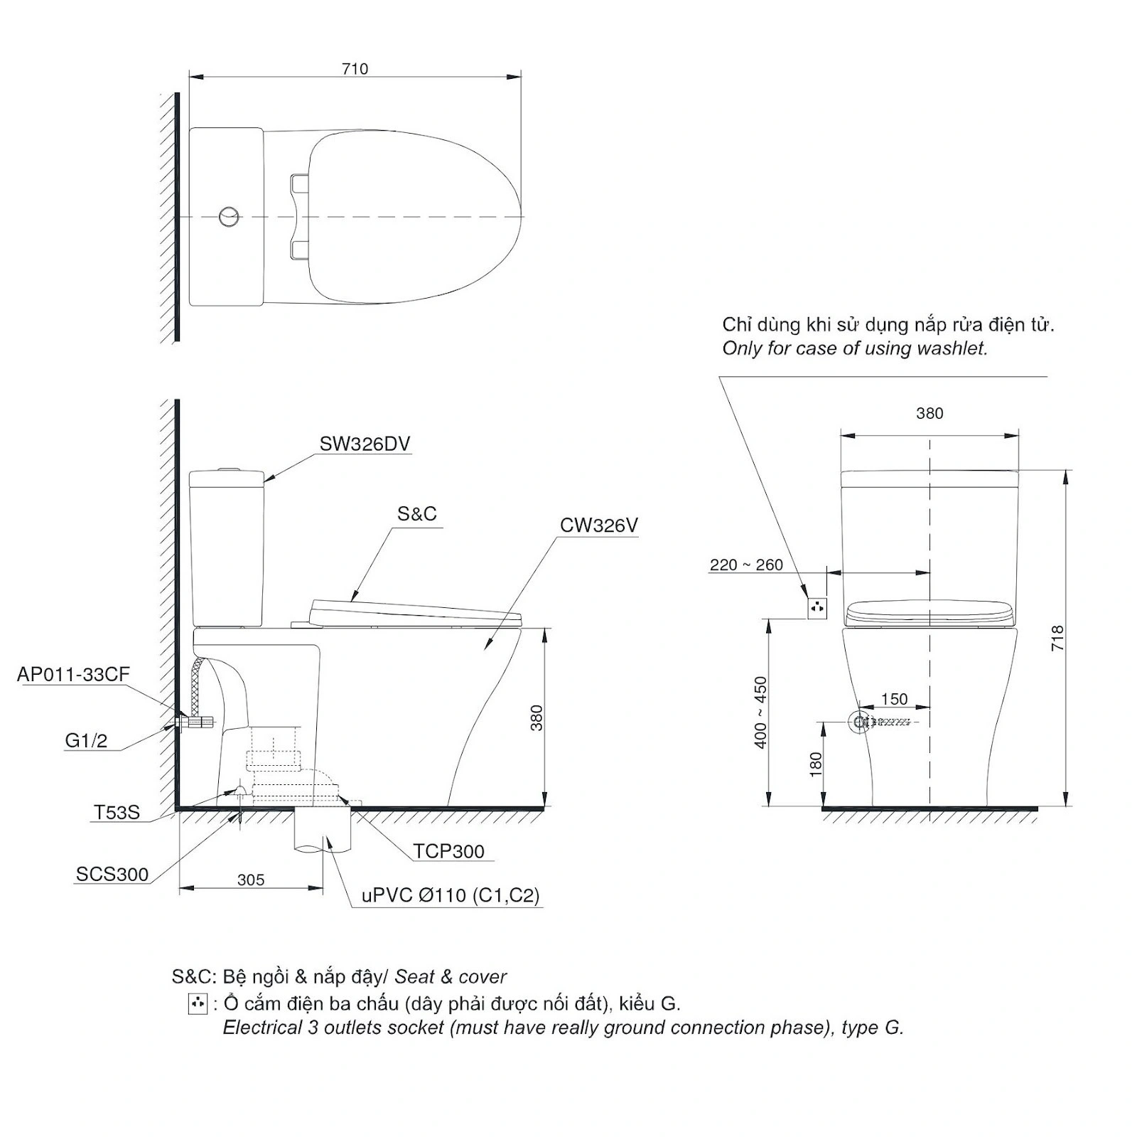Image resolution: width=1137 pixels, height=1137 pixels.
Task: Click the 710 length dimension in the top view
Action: [355, 68]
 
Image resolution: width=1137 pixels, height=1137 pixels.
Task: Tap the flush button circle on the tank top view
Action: [229, 215]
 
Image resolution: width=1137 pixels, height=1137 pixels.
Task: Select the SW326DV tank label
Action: [365, 444]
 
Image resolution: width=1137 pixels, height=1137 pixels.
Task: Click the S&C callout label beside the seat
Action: [417, 513]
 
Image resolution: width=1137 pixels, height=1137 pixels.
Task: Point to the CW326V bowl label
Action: [599, 525]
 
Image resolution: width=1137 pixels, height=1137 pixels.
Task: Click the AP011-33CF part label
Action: [74, 674]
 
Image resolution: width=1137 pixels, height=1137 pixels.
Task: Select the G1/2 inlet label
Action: [86, 740]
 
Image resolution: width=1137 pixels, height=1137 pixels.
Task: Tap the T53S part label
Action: [117, 811]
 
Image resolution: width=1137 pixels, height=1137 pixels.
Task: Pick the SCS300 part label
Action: [112, 874]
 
